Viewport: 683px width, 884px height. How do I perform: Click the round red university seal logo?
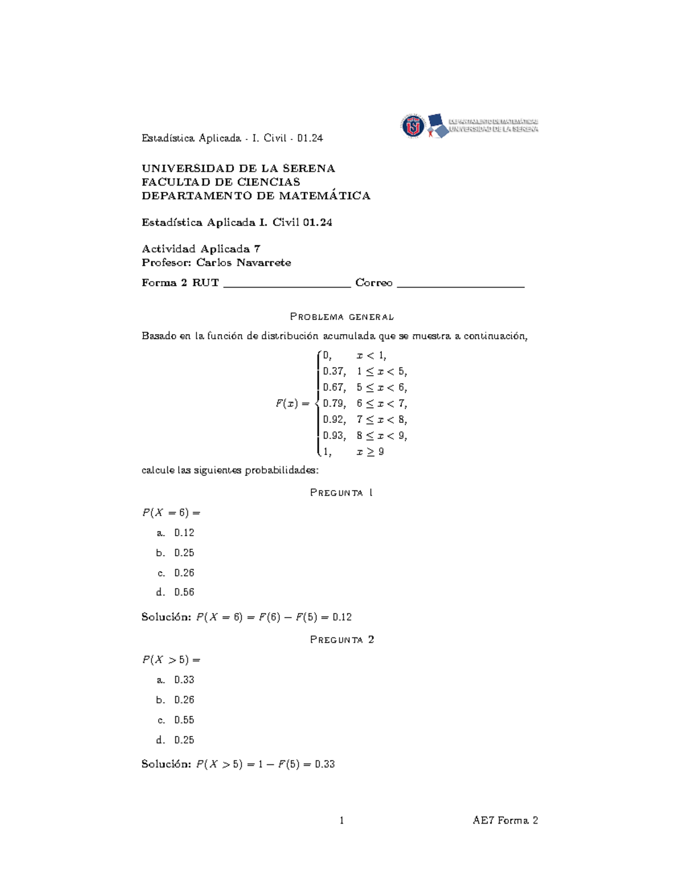(413, 126)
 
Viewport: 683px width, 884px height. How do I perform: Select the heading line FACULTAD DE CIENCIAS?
(221, 182)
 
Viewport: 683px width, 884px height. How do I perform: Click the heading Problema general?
(341, 316)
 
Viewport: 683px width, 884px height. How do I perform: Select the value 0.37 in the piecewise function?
(334, 372)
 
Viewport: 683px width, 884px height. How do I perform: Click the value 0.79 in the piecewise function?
(334, 404)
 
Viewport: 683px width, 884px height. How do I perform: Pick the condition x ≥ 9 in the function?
(370, 452)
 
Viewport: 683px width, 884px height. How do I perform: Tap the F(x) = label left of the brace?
(292, 404)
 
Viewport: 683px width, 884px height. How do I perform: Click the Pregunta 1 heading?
(341, 493)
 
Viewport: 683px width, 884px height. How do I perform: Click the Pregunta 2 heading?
(341, 640)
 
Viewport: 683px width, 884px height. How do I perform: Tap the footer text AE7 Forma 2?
(505, 821)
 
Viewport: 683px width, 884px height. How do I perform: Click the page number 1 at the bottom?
(341, 821)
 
